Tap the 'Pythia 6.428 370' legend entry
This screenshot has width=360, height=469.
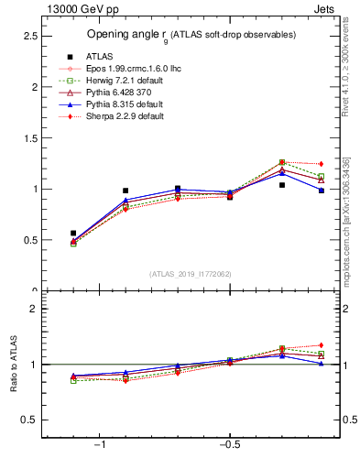[123, 93]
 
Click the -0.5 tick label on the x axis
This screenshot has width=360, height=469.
[229, 446]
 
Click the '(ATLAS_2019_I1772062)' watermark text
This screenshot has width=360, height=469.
[191, 273]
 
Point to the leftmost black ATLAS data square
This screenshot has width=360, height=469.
[73, 234]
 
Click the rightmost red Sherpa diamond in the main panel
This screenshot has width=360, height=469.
[321, 164]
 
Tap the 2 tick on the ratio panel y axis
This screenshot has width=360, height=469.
[32, 309]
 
